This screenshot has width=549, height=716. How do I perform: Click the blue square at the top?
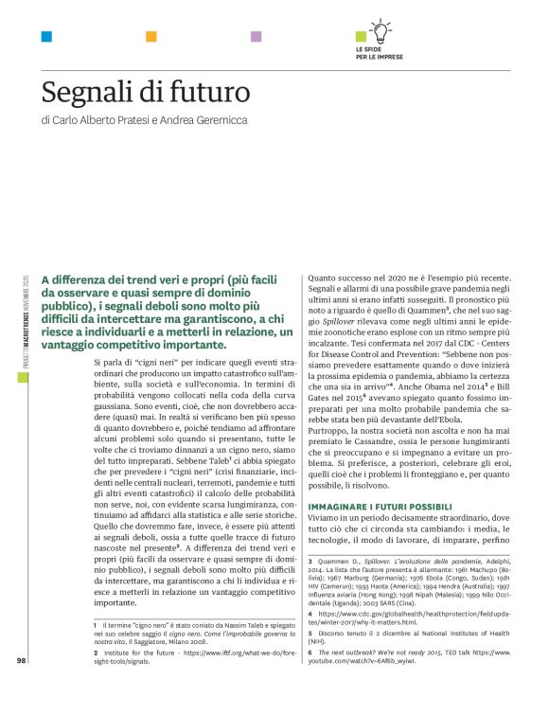pos(46,37)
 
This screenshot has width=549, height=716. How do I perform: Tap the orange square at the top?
pos(151,37)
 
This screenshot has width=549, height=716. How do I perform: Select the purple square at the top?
pos(256,37)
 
